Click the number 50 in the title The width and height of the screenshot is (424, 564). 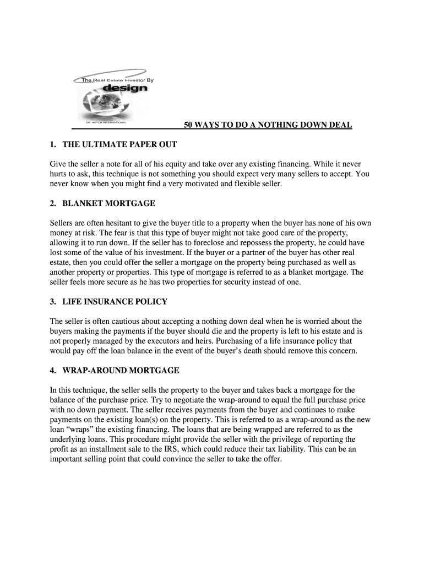pos(188,126)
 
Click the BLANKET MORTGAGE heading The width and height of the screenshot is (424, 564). pos(109,203)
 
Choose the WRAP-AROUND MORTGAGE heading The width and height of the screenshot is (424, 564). pos(121,371)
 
